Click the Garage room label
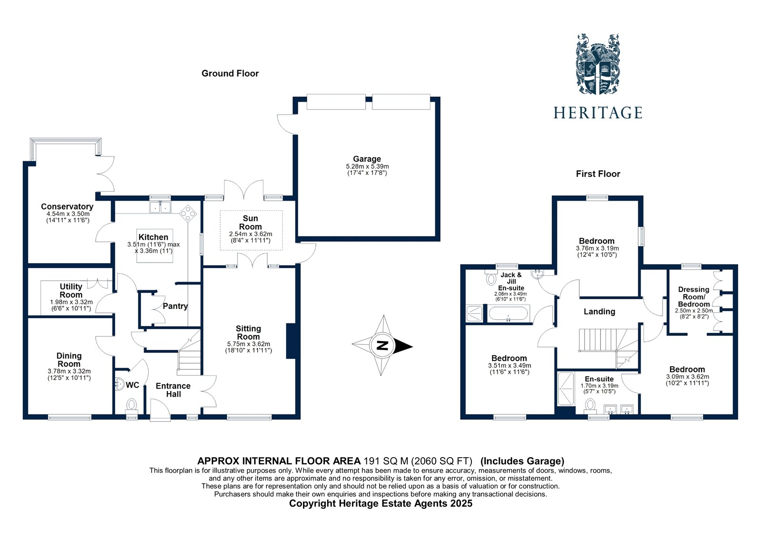[367, 159]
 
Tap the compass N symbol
[381, 346]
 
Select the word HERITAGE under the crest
[598, 113]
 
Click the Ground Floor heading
[230, 73]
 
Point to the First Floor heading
[598, 174]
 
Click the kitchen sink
[160, 207]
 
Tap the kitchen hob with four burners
[188, 214]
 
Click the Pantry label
[175, 306]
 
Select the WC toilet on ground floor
[131, 405]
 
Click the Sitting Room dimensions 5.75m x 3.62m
[248, 344]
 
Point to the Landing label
[599, 311]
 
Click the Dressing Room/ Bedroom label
[693, 296]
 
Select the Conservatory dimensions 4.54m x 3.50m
[68, 214]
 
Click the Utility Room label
[71, 291]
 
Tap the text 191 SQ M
[385, 460]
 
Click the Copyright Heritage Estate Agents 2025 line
[380, 503]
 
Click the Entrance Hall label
[173, 390]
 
